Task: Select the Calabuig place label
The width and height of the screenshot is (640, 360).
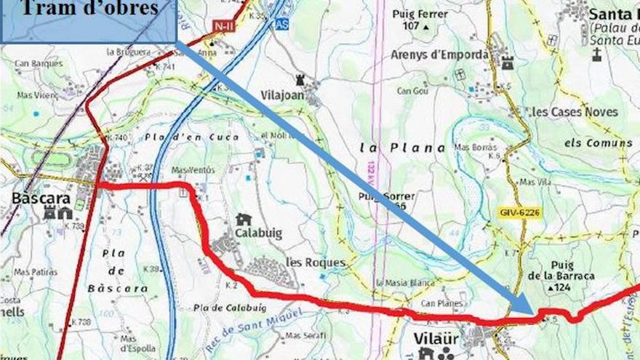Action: [x=258, y=233]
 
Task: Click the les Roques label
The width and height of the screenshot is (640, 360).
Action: [x=315, y=263]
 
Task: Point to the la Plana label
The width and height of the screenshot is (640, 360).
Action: [x=402, y=148]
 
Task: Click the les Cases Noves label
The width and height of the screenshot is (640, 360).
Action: [x=575, y=112]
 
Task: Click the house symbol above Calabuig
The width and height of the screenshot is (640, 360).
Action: [x=244, y=220]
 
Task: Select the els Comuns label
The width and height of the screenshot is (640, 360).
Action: [x=598, y=143]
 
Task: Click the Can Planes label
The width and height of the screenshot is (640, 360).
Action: [x=439, y=303]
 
